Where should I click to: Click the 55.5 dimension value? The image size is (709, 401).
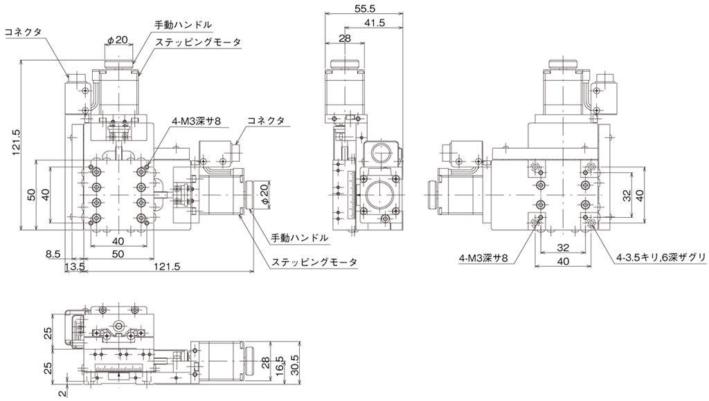click(x=365, y=8)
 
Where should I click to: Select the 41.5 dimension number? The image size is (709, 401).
click(x=374, y=23)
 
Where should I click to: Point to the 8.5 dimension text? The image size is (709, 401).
click(x=53, y=254)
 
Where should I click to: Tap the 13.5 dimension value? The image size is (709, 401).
click(x=75, y=266)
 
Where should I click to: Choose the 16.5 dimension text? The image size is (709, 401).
click(x=280, y=366)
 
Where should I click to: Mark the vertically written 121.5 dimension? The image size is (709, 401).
click(x=17, y=142)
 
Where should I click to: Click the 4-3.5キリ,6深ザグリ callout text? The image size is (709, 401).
click(x=661, y=257)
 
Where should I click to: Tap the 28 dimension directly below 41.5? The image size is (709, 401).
click(x=345, y=38)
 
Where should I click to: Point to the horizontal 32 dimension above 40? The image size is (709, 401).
click(x=563, y=248)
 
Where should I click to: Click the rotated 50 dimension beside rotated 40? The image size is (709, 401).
click(x=31, y=194)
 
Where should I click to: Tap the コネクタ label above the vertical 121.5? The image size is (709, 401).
click(x=23, y=32)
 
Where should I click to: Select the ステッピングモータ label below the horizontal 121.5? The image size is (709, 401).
click(x=314, y=262)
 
